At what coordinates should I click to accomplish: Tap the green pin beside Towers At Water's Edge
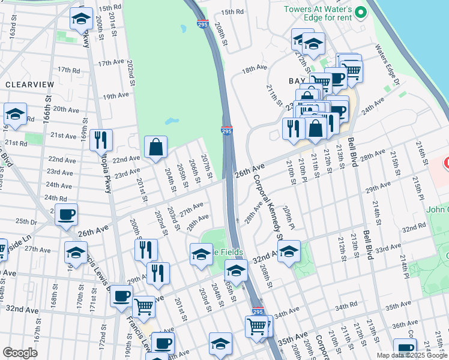(x=360, y=11)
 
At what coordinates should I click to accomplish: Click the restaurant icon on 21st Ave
(x=101, y=140)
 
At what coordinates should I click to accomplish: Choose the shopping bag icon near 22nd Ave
(x=155, y=147)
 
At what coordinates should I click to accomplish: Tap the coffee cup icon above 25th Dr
(x=66, y=214)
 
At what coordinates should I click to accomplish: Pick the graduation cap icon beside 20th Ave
(x=15, y=114)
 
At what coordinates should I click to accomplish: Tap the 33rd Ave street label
(x=388, y=247)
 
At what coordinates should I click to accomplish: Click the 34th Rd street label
(x=346, y=307)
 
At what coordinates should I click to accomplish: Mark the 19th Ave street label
(x=115, y=95)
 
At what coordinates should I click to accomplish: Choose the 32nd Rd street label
(x=414, y=229)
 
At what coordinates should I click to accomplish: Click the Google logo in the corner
(x=20, y=353)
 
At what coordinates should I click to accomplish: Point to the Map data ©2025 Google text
(x=411, y=355)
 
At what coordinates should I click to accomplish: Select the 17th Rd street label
(x=68, y=70)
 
